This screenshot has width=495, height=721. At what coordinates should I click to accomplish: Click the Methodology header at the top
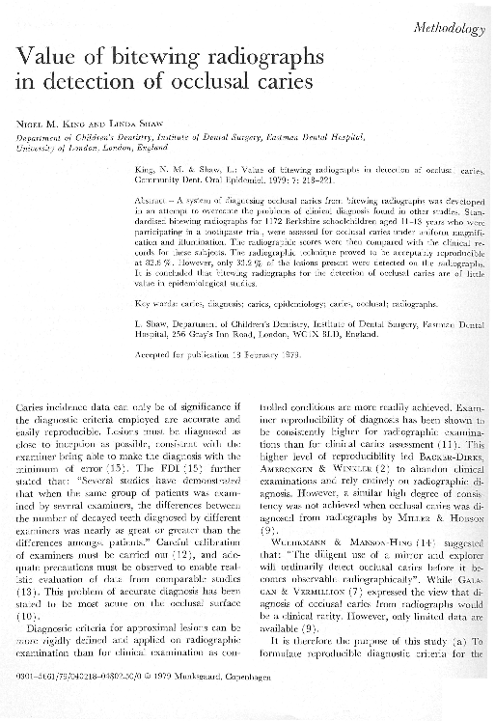[x=450, y=29]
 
